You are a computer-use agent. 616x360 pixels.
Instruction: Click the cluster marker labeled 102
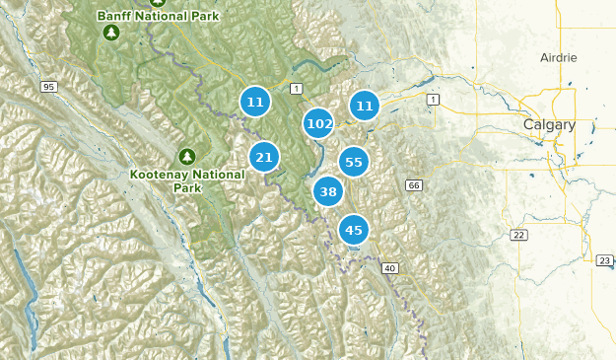318,124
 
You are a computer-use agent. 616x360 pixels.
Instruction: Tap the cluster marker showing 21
263,157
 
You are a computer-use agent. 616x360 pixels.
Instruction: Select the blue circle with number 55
354,163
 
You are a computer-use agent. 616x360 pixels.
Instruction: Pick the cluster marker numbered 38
328,191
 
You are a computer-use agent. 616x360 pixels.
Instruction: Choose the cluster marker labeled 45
354,231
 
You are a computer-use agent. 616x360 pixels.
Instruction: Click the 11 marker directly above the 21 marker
255,102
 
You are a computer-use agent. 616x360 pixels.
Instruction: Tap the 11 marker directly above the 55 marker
365,106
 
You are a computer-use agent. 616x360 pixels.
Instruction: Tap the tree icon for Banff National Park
110,34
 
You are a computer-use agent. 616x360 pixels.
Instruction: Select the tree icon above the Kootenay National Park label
186,156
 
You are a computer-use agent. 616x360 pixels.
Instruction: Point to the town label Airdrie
558,58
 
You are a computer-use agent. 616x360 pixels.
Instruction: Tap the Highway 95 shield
47,89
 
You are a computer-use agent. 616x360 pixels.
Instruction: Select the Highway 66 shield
413,185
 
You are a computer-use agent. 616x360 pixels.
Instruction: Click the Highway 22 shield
517,234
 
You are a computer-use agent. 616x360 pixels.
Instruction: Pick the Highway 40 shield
390,267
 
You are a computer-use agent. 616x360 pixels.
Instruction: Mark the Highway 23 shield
604,260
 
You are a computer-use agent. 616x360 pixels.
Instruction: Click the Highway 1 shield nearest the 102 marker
296,90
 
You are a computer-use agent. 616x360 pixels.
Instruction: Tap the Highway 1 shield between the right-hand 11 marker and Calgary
432,100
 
